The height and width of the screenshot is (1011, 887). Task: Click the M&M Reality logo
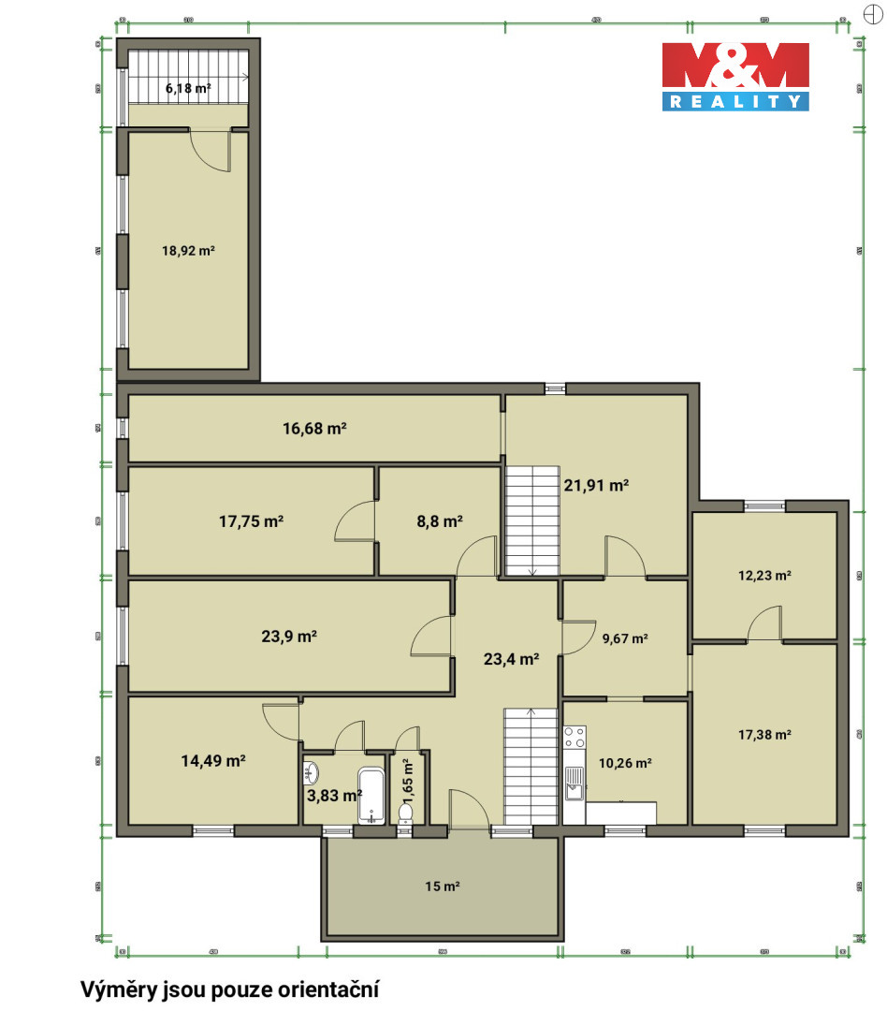point(735,76)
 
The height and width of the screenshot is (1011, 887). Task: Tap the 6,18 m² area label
point(188,88)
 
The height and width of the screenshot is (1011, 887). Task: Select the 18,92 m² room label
point(189,250)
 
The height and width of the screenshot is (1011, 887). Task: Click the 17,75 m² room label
point(251,521)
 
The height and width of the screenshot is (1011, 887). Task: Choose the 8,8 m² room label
point(439,521)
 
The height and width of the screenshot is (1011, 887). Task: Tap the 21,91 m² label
point(595,485)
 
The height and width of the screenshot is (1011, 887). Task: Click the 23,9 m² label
point(289,637)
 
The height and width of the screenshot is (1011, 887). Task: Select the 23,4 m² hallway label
point(511,659)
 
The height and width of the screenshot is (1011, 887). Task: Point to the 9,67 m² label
point(625,639)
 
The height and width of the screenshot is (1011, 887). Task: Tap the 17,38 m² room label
point(764,735)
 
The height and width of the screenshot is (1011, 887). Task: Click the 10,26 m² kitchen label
point(625,763)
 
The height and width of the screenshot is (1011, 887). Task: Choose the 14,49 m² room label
point(212,761)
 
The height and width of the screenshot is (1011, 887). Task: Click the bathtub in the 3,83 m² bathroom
point(371,795)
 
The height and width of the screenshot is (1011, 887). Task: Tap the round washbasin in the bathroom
point(313,773)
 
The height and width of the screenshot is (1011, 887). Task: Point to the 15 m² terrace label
point(443,886)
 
